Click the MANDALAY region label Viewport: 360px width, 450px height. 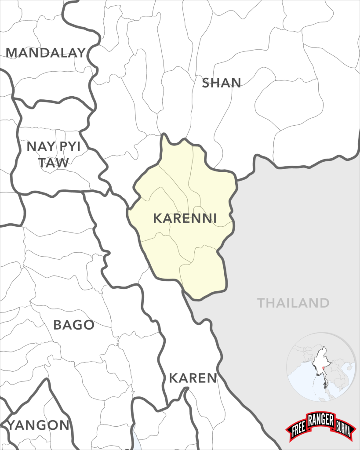click(x=45, y=53)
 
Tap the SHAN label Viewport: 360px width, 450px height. click(x=221, y=83)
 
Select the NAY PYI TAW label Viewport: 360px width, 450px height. click(x=54, y=154)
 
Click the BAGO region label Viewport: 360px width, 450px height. click(x=73, y=325)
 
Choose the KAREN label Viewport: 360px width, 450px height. click(x=193, y=378)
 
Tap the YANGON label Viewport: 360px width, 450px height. click(x=39, y=425)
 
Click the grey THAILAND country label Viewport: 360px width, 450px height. click(x=293, y=303)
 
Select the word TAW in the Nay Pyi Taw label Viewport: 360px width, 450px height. click(x=54, y=163)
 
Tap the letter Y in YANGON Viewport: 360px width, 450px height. click(x=12, y=425)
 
